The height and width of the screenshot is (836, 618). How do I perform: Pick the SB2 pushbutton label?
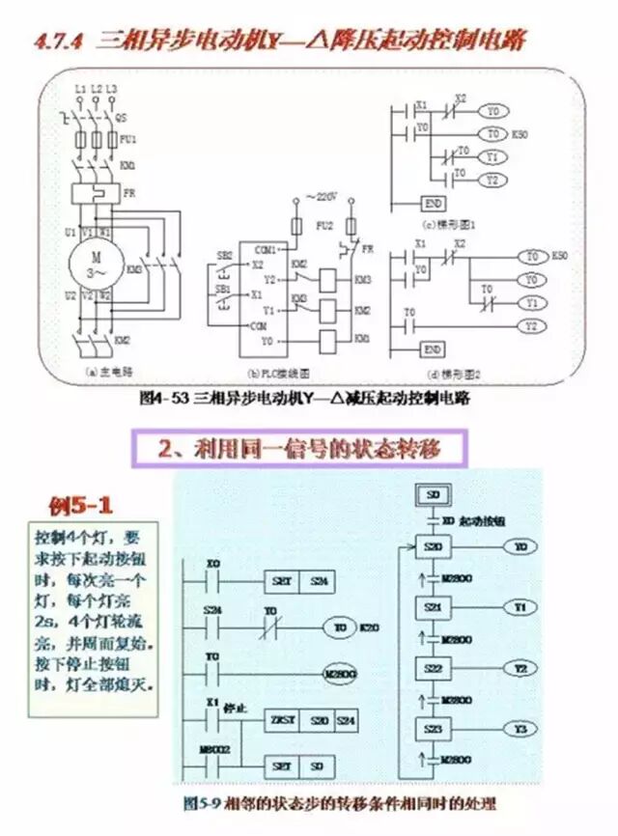223,255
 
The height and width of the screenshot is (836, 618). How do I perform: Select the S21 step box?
432,607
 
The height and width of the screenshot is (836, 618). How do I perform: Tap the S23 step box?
432,728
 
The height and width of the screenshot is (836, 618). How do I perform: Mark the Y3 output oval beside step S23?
520,728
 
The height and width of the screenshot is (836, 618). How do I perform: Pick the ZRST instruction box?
281,720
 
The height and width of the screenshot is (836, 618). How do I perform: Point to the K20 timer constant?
368,627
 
